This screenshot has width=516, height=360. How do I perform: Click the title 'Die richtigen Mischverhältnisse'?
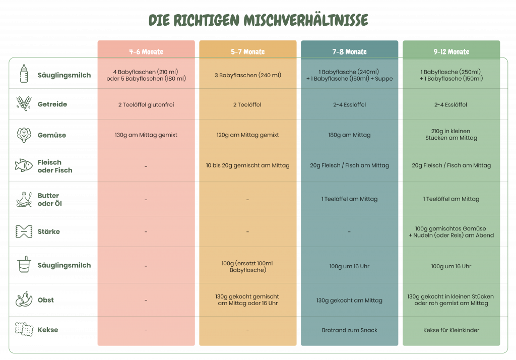point(259,20)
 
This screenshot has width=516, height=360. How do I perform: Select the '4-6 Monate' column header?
point(146,52)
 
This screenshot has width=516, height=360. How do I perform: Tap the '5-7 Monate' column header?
point(248,52)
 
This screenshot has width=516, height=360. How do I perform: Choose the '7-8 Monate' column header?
point(350,52)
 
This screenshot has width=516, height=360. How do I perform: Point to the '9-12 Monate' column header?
point(451,52)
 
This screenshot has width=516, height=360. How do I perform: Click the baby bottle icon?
point(24,74)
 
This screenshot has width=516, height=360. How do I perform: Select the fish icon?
point(24,165)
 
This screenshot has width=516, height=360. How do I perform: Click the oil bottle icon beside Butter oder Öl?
point(24,199)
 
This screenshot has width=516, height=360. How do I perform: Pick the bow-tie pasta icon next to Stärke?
point(24,231)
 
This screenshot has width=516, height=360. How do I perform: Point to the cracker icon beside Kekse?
point(24,329)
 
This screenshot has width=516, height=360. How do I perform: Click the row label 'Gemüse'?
point(52,135)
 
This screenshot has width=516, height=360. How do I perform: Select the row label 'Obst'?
point(46,300)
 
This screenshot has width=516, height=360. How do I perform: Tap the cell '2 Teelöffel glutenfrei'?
point(146,105)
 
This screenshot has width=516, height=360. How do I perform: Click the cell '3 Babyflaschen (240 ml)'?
point(248,75)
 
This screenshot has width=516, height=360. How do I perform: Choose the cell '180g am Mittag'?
point(350,135)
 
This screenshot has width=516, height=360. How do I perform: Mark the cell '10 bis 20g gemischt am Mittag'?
point(248,165)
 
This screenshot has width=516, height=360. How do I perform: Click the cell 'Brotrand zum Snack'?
point(350,330)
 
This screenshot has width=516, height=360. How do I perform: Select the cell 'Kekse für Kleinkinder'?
point(451,330)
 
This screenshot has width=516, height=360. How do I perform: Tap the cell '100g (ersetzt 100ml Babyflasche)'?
point(247,266)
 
